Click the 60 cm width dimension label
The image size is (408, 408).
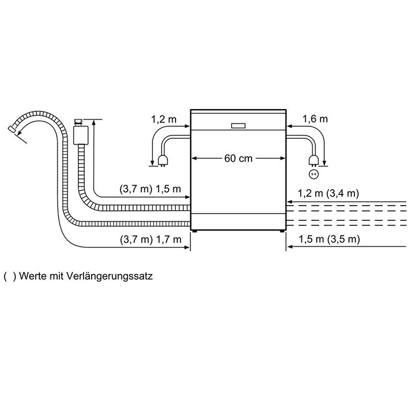point(238,158)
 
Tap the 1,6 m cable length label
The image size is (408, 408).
point(315,119)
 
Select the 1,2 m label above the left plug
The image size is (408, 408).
point(164,119)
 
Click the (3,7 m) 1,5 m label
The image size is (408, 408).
point(150,189)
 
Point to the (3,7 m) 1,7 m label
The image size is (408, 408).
point(150,239)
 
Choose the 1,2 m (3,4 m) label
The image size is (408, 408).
point(328,193)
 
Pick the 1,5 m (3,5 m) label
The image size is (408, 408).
point(329,239)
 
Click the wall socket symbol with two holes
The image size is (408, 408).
point(314,174)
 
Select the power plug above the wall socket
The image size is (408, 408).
point(313,160)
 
